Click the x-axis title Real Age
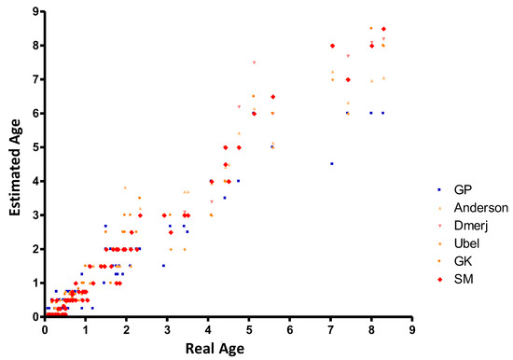tap(227, 347)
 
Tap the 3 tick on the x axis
tap(167, 328)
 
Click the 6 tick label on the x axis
tap(290, 328)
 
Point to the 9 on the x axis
tap(411, 328)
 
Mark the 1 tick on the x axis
tap(86, 328)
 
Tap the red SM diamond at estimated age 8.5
tap(383, 29)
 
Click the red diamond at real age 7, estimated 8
tap(331, 46)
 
